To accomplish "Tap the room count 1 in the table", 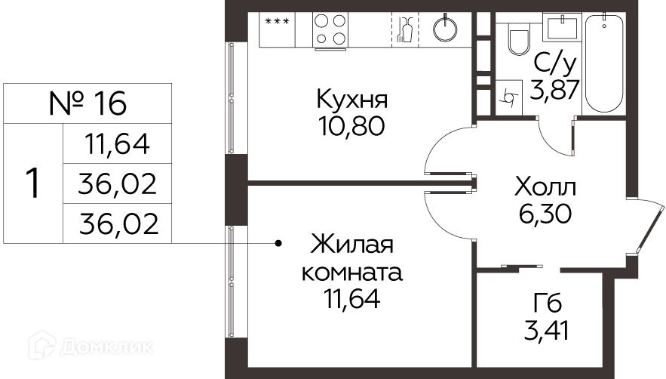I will tap(32, 183).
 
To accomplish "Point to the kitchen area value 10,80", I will tap(351, 125).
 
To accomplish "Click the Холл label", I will tap(545, 186).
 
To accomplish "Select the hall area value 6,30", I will tap(545, 214).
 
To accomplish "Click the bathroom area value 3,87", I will tap(556, 90).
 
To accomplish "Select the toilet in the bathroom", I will tap(520, 39).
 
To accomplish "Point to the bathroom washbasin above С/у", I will tap(560, 27).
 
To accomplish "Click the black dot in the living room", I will tap(278, 244).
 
